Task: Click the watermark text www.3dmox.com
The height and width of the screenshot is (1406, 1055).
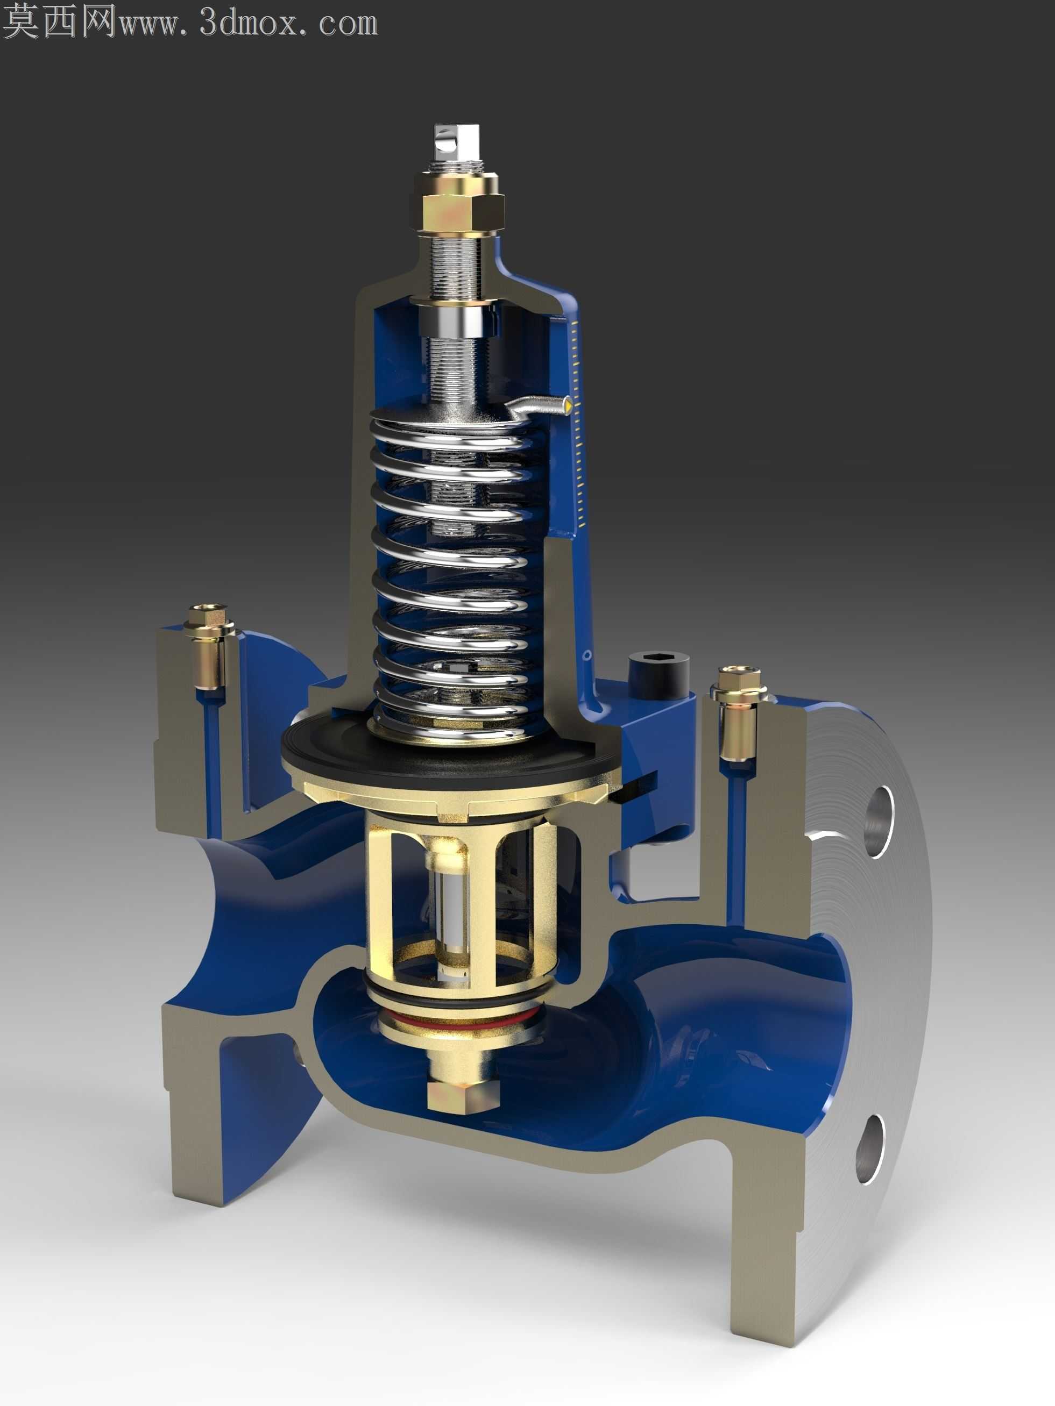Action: click(x=249, y=23)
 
